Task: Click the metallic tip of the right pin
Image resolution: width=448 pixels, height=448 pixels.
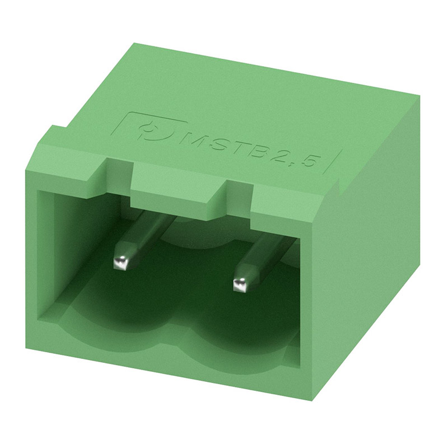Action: (x=241, y=284)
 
